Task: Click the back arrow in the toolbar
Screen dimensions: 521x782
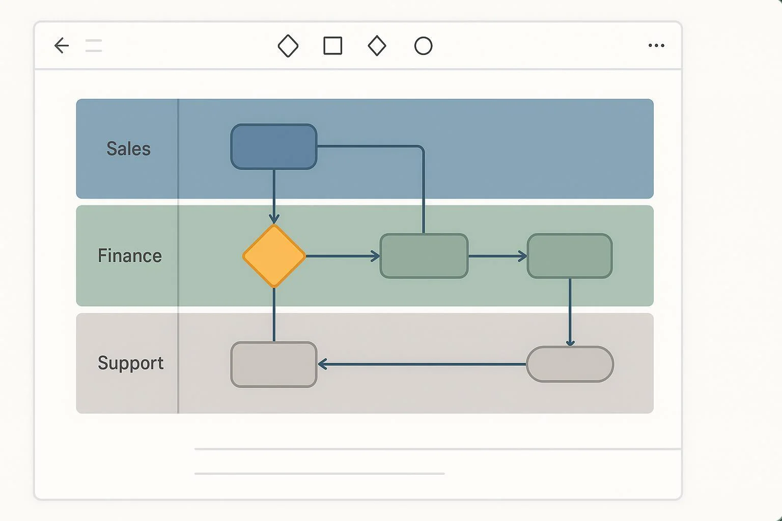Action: pyautogui.click(x=62, y=46)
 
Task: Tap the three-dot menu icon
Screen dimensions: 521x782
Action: pyautogui.click(x=656, y=46)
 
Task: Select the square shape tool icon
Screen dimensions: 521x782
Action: pyautogui.click(x=333, y=46)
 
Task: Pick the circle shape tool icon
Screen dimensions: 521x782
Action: pyautogui.click(x=423, y=46)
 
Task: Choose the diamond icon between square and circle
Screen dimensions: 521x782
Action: pyautogui.click(x=377, y=46)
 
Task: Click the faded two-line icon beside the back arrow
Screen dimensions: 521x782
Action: pyautogui.click(x=94, y=46)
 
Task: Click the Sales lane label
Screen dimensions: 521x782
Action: pyautogui.click(x=128, y=149)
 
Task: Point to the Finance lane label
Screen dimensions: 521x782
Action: pyautogui.click(x=129, y=255)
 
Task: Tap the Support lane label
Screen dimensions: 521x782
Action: pyautogui.click(x=130, y=363)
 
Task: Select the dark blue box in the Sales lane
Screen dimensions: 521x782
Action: pyautogui.click(x=274, y=147)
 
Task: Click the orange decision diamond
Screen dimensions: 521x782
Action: pyautogui.click(x=274, y=256)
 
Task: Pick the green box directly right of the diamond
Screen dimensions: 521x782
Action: pyautogui.click(x=424, y=256)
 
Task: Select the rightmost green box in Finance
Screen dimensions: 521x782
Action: pyautogui.click(x=570, y=256)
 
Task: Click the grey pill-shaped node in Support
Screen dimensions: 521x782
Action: pyautogui.click(x=570, y=364)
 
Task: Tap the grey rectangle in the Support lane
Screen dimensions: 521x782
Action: pyautogui.click(x=274, y=364)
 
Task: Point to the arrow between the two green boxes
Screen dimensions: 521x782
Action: pyautogui.click(x=497, y=256)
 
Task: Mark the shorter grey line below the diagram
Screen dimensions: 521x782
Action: pyautogui.click(x=319, y=474)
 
